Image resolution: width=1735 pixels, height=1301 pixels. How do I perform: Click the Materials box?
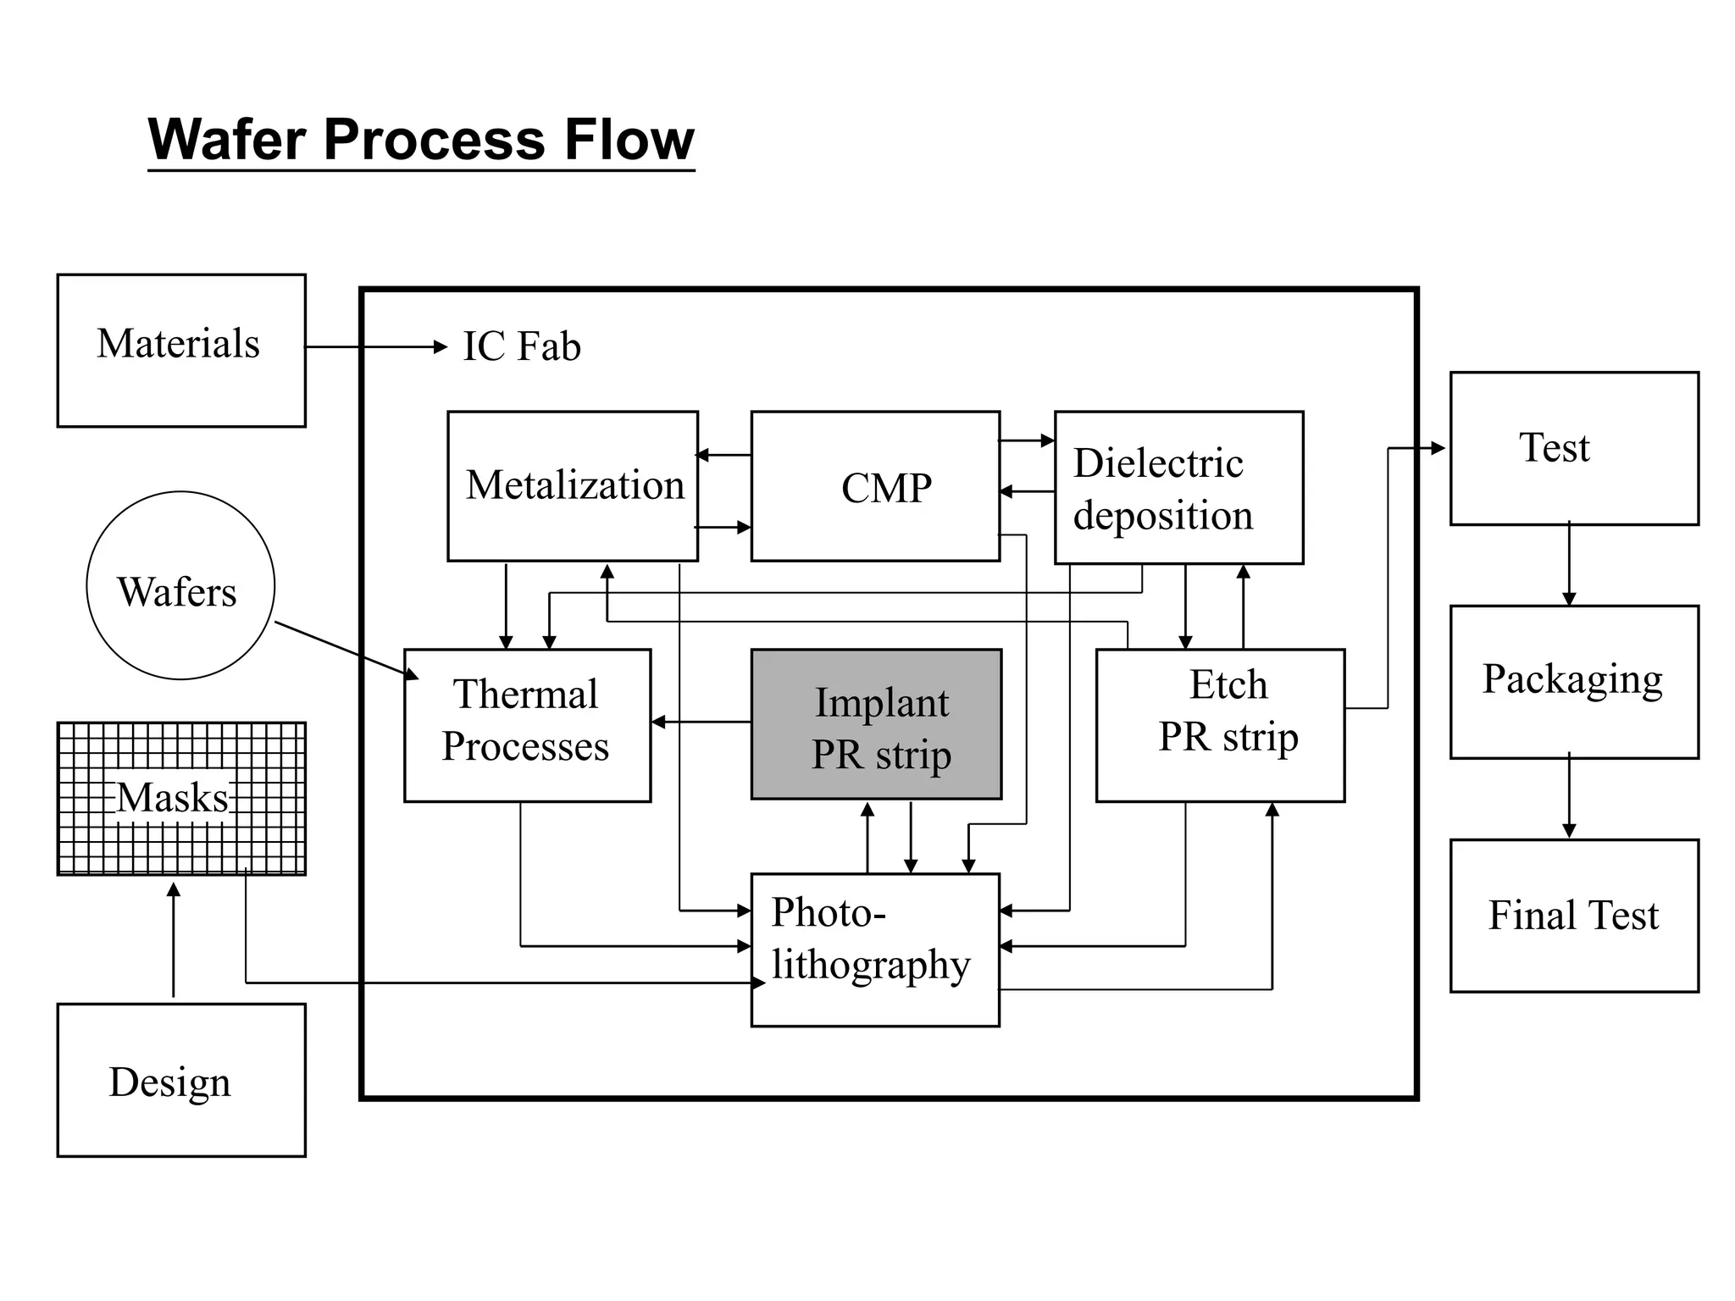tap(181, 351)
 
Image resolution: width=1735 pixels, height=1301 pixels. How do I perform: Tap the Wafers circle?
tap(180, 585)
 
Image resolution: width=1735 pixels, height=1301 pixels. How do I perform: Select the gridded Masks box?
tap(181, 798)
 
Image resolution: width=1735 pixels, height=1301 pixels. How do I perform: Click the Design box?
tap(181, 1080)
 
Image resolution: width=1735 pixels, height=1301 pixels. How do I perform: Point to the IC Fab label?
tap(522, 346)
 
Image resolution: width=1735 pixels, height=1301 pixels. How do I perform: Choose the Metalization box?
tap(573, 486)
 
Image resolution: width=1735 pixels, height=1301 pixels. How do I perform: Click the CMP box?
tap(875, 486)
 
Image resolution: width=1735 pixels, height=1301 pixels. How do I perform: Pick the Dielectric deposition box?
tap(1178, 488)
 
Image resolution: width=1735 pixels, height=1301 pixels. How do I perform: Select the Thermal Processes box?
tap(527, 725)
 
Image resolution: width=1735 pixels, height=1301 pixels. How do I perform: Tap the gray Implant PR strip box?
tap(876, 725)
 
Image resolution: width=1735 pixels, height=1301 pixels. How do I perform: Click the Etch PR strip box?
tap(1220, 725)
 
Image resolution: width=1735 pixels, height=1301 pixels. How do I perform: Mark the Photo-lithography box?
tap(875, 949)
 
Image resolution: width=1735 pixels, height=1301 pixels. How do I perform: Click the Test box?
tap(1574, 448)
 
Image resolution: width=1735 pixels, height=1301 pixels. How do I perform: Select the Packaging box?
tap(1574, 681)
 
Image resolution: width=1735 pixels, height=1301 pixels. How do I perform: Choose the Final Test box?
tap(1574, 916)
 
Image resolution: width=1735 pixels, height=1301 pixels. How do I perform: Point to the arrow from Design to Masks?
tap(174, 939)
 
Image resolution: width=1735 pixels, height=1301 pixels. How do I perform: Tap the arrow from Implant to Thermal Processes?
tap(701, 722)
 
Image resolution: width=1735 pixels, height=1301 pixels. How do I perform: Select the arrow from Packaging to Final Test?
tap(1569, 796)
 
